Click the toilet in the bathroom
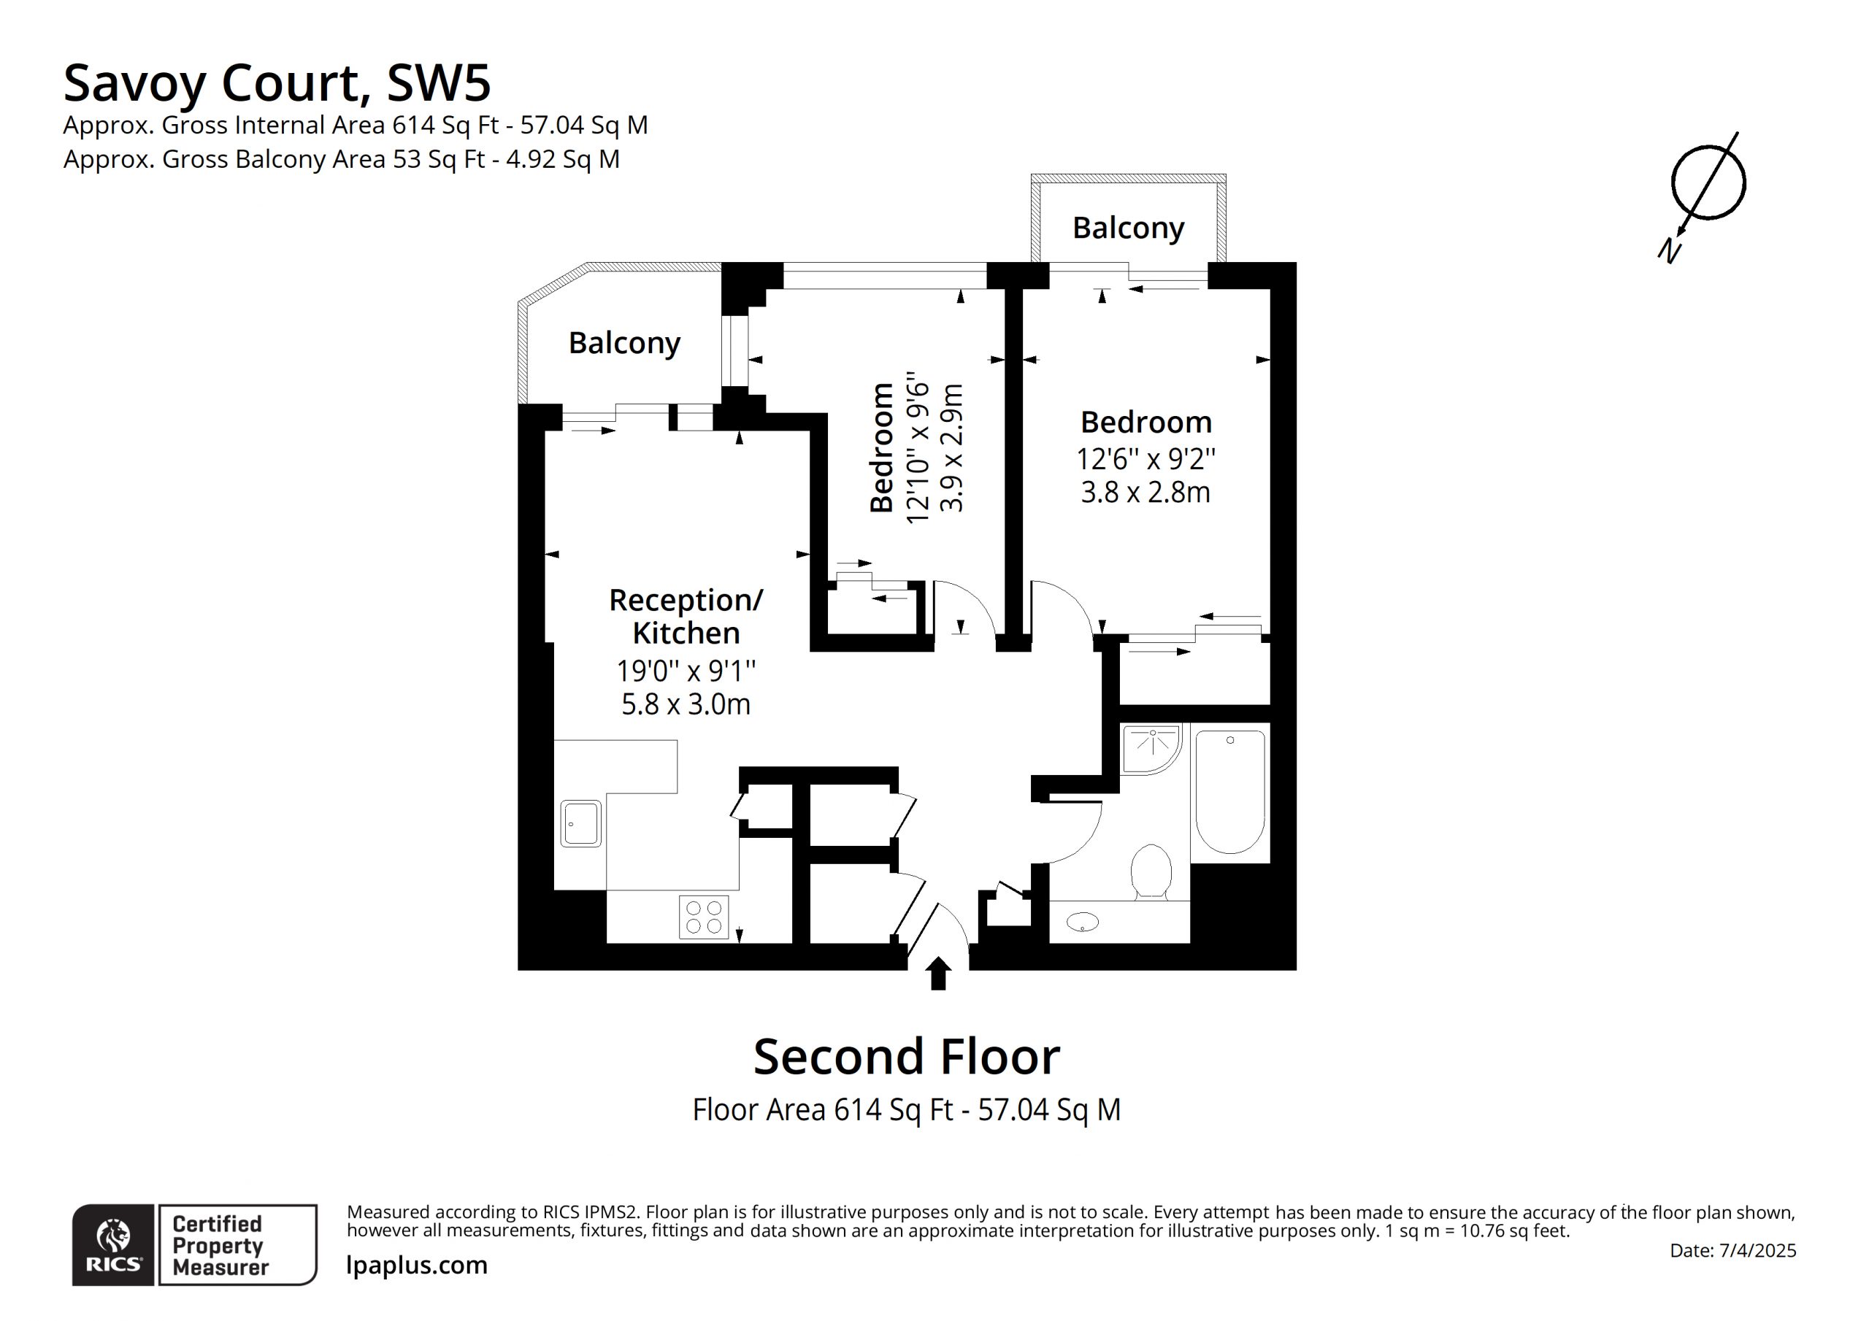coord(1151,873)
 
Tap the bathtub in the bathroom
coord(1230,792)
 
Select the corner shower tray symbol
coord(1151,749)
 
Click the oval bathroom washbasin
coord(1083,923)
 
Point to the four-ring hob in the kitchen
coord(704,917)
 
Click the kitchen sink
coord(581,824)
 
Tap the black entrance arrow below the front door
coord(939,974)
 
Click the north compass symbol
coord(1705,193)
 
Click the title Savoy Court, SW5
coord(277,84)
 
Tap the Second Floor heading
coord(907,1057)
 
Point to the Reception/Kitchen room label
coord(686,616)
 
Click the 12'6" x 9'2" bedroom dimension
coord(1146,459)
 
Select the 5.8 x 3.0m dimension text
coord(686,704)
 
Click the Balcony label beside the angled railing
coord(624,344)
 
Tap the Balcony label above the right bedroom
coord(1128,228)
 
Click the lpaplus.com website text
coord(417,1266)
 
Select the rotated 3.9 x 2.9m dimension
coord(951,447)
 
